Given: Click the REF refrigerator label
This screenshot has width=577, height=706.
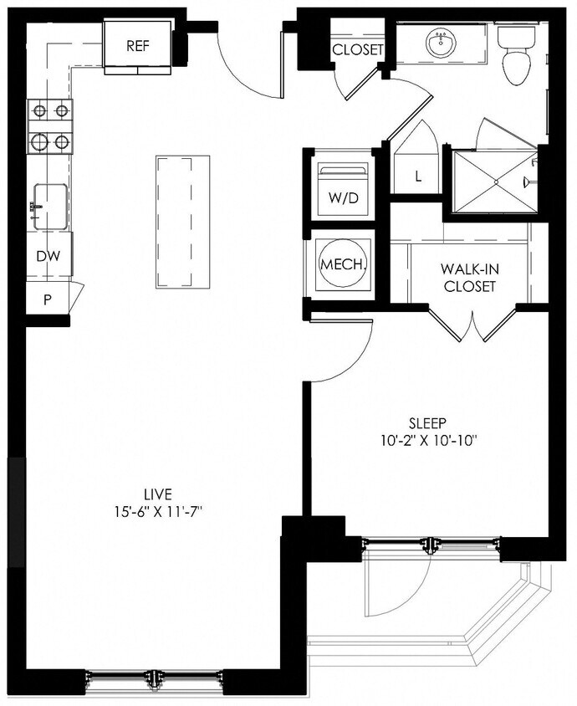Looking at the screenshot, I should [x=138, y=46].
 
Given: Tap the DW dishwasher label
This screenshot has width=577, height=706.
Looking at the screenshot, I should [x=48, y=258].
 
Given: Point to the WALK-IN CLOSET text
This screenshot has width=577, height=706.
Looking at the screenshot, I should [x=470, y=278].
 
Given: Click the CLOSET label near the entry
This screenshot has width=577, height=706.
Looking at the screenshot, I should [x=358, y=50].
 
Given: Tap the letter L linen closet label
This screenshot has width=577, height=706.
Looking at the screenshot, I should [x=417, y=176].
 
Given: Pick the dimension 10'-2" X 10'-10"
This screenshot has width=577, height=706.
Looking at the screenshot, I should [x=429, y=439].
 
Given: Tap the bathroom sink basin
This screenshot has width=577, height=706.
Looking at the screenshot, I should [x=440, y=42].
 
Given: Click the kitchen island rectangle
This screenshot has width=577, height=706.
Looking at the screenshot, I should [x=182, y=220].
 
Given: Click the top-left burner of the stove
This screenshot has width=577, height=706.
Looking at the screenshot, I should [x=39, y=110].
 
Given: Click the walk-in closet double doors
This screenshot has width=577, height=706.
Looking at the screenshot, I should [x=473, y=325].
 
